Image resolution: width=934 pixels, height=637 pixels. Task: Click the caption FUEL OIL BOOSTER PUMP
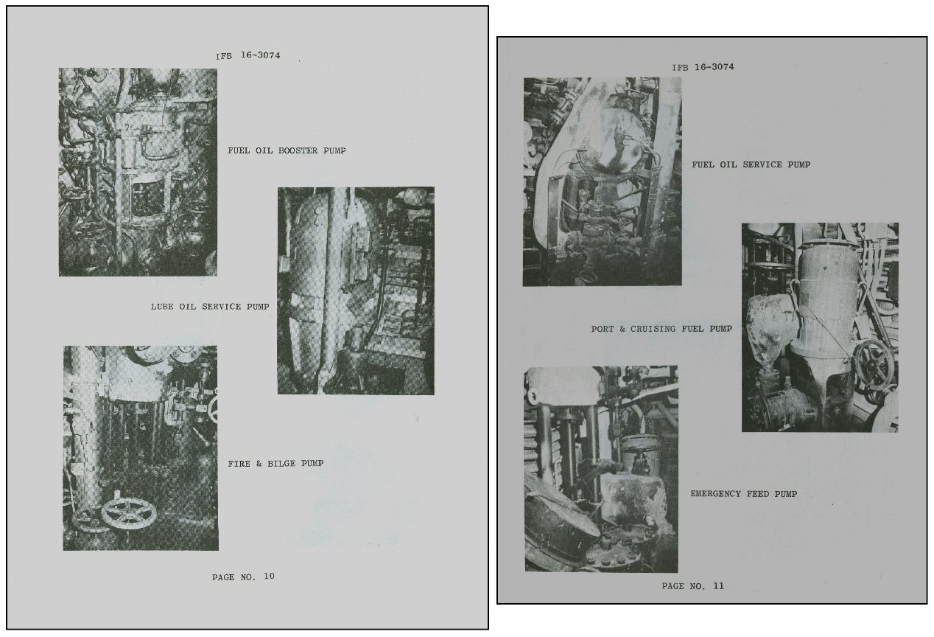click(x=287, y=150)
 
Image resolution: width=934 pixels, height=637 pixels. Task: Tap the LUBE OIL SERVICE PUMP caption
click(x=210, y=307)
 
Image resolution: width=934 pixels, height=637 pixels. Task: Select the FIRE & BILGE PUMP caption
click(x=275, y=463)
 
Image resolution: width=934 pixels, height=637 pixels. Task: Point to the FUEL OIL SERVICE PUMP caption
click(x=751, y=165)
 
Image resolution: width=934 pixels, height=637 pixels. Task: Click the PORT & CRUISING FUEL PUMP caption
click(x=661, y=329)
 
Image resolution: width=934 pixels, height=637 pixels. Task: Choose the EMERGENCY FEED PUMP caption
click(x=743, y=494)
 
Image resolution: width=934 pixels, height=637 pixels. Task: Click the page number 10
click(x=269, y=577)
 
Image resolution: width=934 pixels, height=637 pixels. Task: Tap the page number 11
click(x=718, y=586)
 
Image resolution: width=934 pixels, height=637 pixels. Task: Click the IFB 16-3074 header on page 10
click(x=247, y=55)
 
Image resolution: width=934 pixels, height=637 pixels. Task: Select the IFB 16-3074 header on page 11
click(x=703, y=67)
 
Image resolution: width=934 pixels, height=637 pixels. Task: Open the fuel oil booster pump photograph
click(x=138, y=172)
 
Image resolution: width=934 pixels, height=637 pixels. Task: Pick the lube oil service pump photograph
click(x=356, y=290)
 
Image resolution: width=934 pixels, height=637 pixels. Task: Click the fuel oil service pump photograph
click(x=602, y=181)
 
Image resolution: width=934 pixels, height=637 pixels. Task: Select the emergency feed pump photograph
click(x=601, y=469)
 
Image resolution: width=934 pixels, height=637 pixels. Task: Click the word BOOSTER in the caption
click(x=298, y=150)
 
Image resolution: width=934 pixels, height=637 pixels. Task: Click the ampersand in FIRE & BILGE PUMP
click(x=259, y=463)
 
